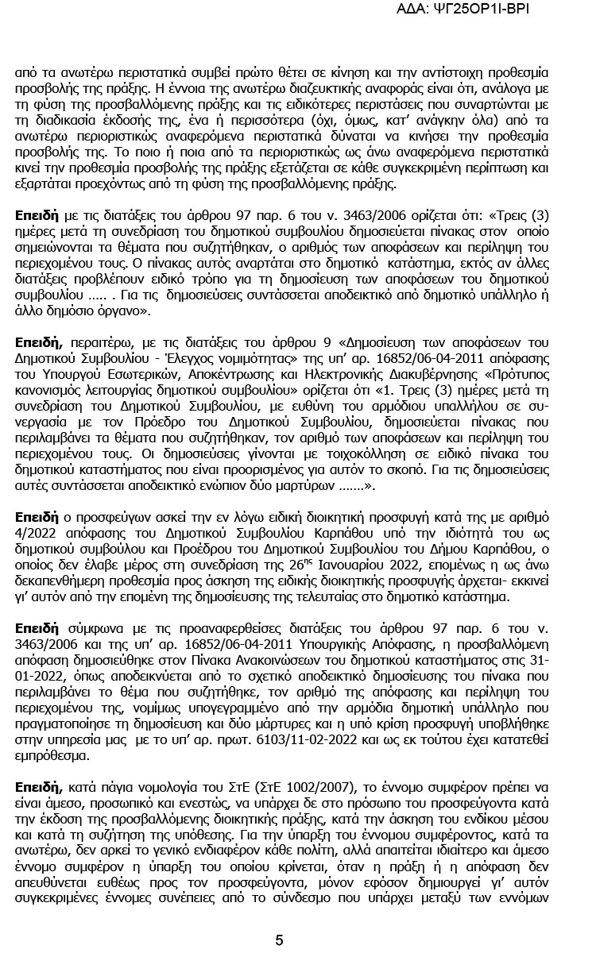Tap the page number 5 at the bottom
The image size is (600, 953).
(279, 939)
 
